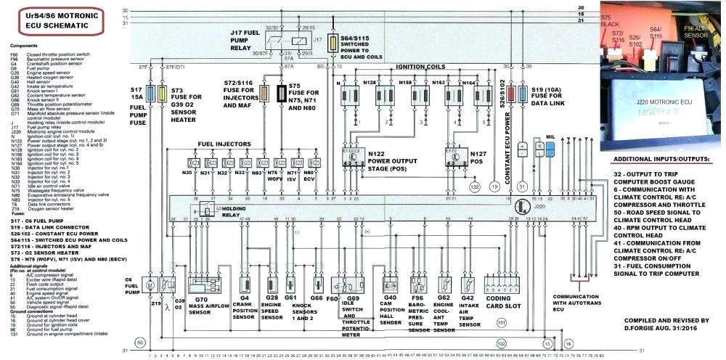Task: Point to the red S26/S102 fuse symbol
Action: point(513,94)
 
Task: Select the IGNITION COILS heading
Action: point(420,66)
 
